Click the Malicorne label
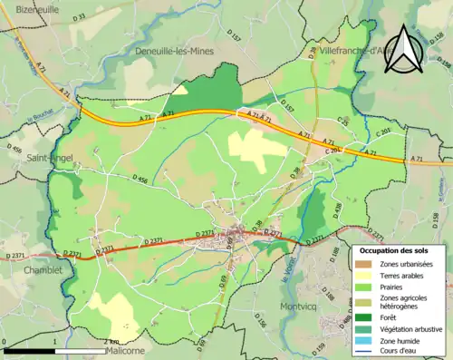125,349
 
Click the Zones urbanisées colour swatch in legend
363,264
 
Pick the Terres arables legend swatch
363,276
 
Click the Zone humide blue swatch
363,340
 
